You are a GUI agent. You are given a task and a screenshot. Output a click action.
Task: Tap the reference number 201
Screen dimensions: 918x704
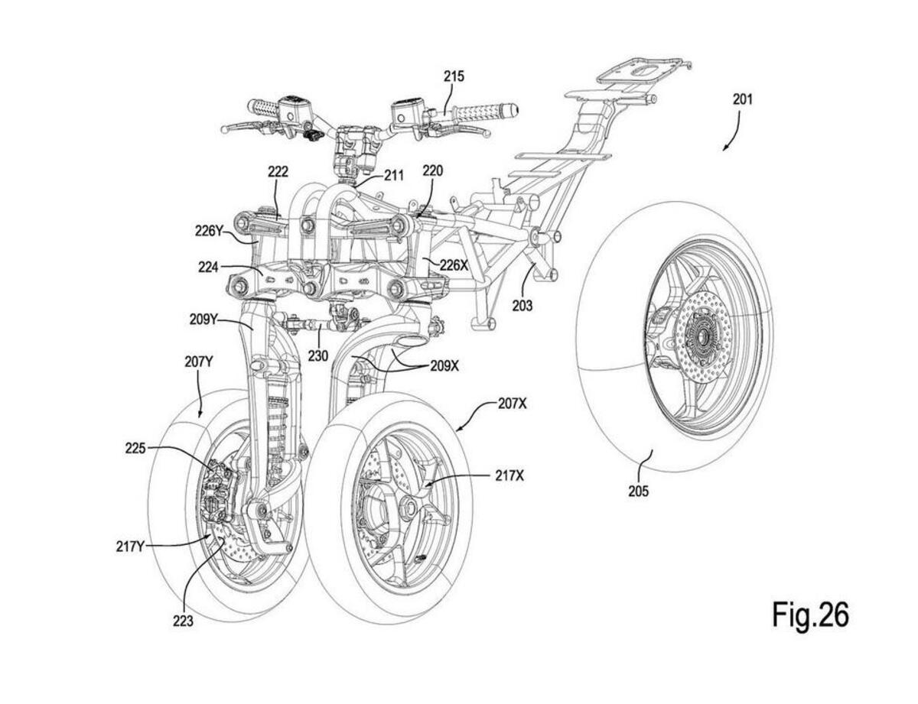(x=742, y=100)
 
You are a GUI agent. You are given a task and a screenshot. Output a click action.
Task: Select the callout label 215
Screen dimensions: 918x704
(x=454, y=76)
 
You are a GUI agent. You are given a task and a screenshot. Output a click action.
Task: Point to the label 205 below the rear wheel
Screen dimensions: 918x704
(x=638, y=492)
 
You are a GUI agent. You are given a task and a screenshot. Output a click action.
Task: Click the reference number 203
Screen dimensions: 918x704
(x=522, y=305)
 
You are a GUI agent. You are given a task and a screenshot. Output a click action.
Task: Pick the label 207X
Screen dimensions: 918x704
(x=512, y=404)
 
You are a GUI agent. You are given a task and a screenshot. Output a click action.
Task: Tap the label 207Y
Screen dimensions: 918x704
(x=199, y=362)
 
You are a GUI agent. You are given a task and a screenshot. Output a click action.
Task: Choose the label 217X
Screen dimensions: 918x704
(x=509, y=476)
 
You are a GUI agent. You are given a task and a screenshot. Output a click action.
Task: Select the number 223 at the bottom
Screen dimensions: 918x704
(x=184, y=621)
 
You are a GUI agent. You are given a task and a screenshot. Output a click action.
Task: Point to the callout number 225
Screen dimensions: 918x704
(x=135, y=448)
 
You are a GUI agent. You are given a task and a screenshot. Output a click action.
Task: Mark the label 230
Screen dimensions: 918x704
(x=317, y=356)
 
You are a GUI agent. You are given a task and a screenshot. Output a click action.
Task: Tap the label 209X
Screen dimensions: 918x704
(x=444, y=365)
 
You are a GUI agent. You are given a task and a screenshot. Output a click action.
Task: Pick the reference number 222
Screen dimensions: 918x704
(x=278, y=172)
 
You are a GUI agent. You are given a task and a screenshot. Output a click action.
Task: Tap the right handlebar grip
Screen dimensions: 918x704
(x=486, y=112)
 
